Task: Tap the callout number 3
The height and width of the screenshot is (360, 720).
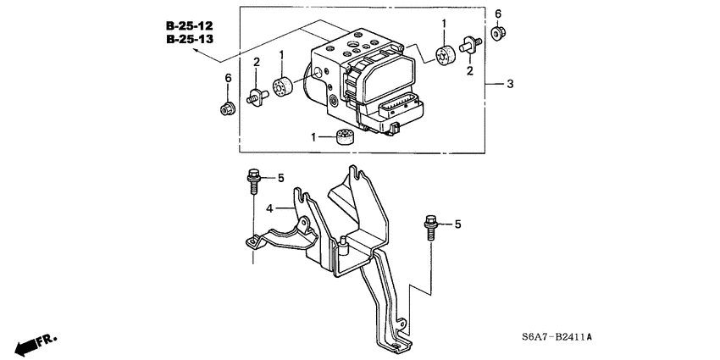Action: (510, 84)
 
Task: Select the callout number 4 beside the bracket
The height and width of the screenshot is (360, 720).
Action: (270, 208)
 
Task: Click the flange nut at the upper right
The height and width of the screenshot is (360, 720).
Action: (499, 34)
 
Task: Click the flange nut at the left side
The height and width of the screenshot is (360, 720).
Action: (226, 108)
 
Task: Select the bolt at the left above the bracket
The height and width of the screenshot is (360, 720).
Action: (253, 180)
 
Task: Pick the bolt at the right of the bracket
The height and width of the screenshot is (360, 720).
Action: (430, 227)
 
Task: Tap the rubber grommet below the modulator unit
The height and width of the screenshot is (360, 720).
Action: (345, 136)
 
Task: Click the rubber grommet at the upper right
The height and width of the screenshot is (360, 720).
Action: (442, 57)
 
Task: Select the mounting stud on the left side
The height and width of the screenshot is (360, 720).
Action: (256, 97)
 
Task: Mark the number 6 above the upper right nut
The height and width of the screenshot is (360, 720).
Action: (498, 14)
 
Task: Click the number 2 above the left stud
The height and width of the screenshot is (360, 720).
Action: (256, 62)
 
